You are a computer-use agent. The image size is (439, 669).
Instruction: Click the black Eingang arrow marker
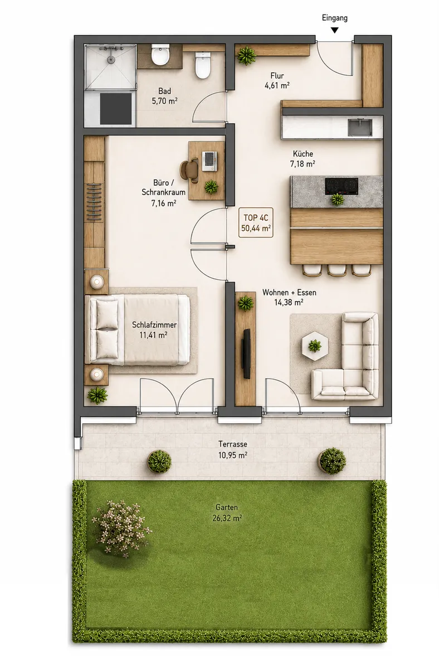(x=335, y=30)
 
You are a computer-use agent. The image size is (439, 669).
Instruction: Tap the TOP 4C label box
(x=256, y=222)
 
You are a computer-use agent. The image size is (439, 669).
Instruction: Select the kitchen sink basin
(x=360, y=127)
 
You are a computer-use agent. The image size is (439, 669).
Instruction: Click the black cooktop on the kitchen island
(x=342, y=186)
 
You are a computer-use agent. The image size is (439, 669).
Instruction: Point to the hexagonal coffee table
(x=315, y=346)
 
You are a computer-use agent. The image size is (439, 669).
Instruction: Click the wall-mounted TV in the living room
(x=246, y=353)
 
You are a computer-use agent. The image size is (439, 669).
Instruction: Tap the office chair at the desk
(x=189, y=170)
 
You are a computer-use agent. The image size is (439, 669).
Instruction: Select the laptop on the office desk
(x=209, y=161)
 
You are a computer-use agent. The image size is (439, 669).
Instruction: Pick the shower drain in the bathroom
(x=111, y=60)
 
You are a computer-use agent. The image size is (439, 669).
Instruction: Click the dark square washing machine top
(x=116, y=108)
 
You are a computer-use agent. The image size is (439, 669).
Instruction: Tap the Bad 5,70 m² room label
(x=165, y=96)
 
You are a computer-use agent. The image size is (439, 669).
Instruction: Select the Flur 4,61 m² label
(x=277, y=81)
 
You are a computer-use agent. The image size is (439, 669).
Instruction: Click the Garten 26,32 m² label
(x=227, y=512)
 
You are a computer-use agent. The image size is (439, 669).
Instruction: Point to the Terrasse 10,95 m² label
(x=233, y=449)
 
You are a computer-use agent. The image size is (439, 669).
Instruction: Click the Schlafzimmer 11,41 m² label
(x=154, y=329)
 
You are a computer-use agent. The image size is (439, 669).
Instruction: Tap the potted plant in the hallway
(x=246, y=55)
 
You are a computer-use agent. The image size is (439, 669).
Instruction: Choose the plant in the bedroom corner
(x=97, y=395)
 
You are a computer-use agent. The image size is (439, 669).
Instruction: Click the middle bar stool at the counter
(x=337, y=270)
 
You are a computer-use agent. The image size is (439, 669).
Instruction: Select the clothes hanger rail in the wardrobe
(x=94, y=202)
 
